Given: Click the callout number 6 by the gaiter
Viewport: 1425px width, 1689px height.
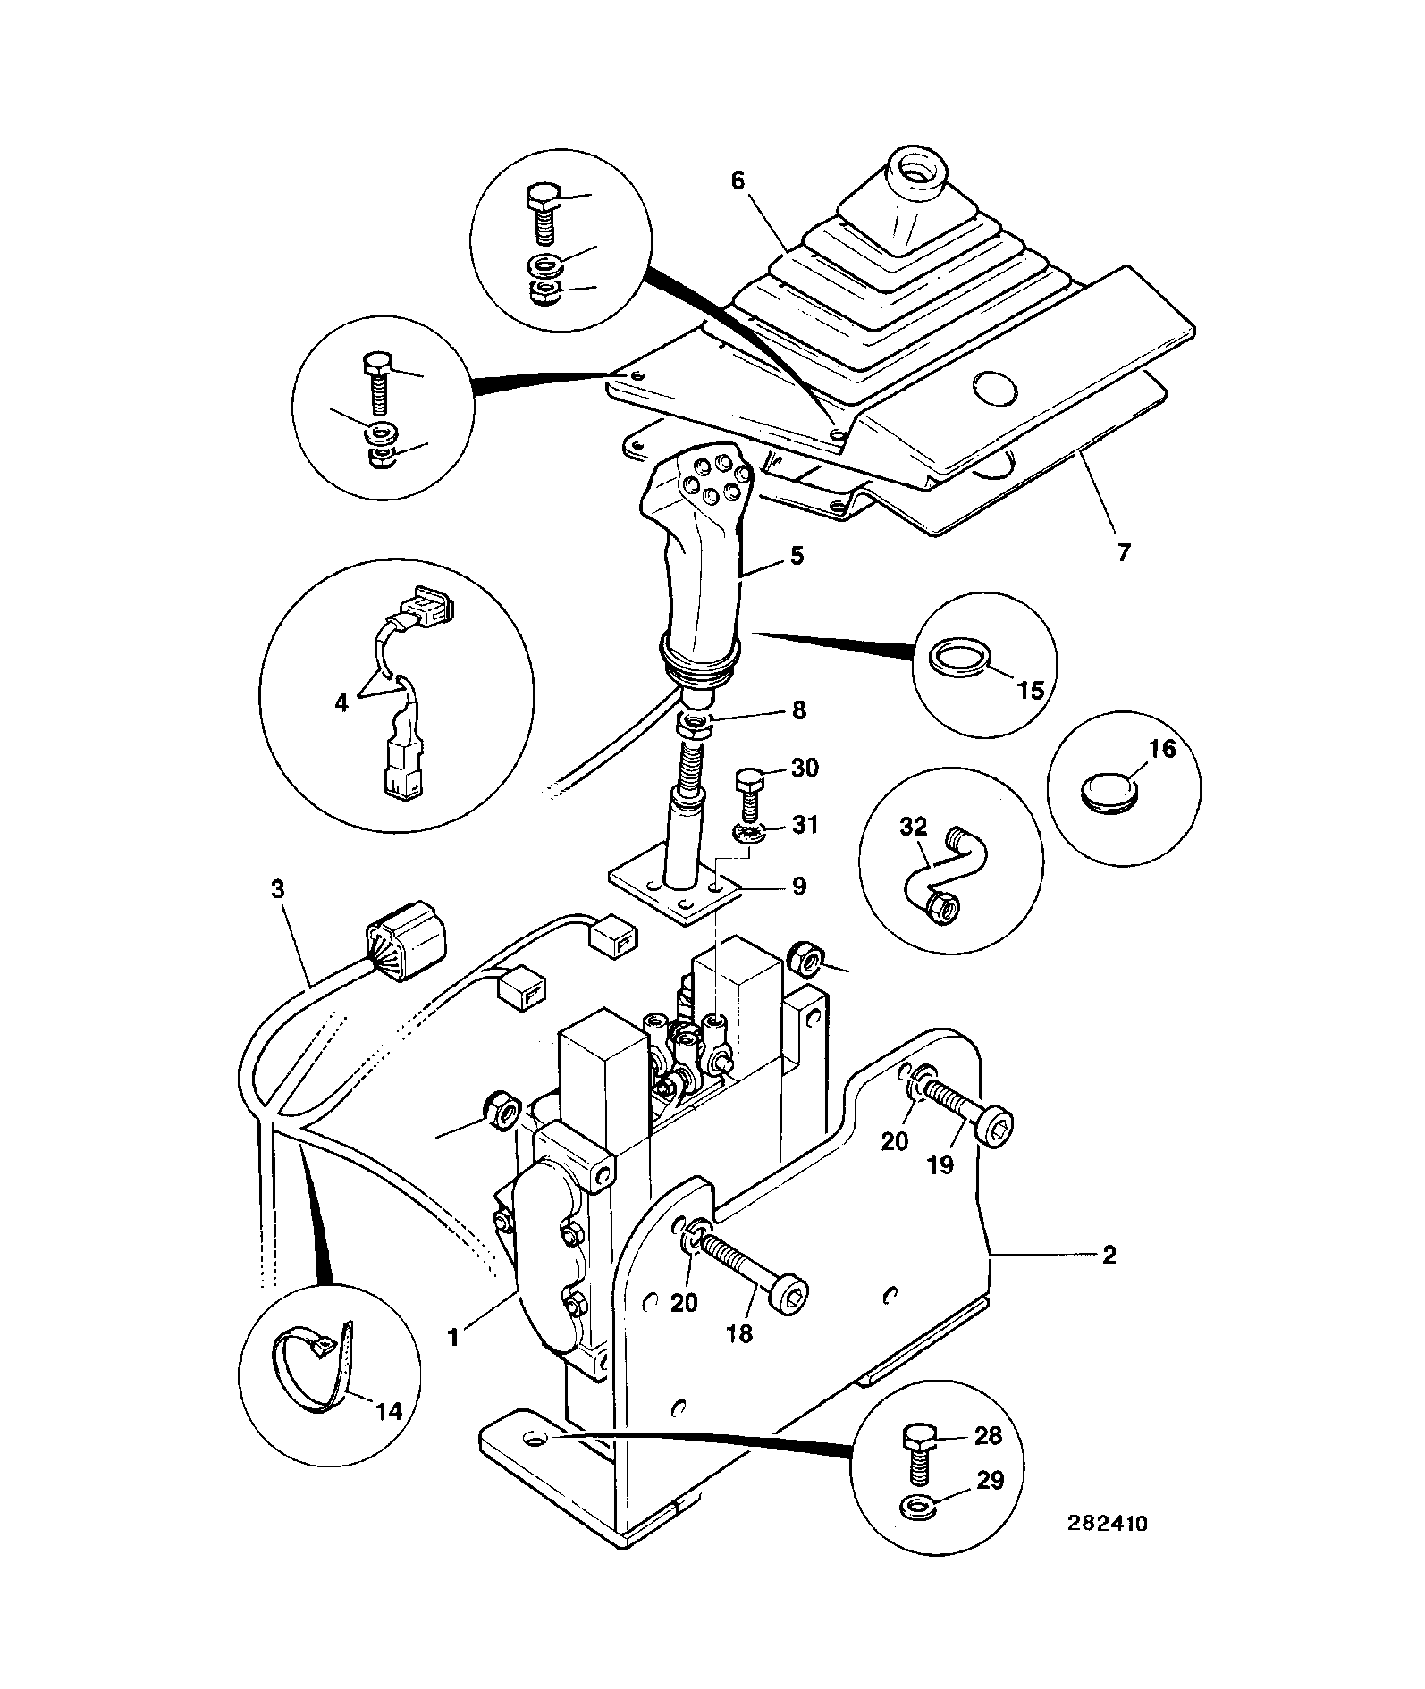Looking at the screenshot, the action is point(738,181).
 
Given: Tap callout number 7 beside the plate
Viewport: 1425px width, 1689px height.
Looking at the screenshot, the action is point(1124,552).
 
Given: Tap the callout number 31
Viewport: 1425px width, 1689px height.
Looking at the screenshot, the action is point(805,823).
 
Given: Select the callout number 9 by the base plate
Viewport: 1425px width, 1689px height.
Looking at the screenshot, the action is point(798,887).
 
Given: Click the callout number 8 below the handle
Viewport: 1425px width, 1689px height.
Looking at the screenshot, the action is point(798,710).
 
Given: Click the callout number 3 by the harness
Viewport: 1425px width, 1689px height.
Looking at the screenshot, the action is point(278,889).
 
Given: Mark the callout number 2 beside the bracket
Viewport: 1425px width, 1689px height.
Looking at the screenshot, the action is point(1109,1256).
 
